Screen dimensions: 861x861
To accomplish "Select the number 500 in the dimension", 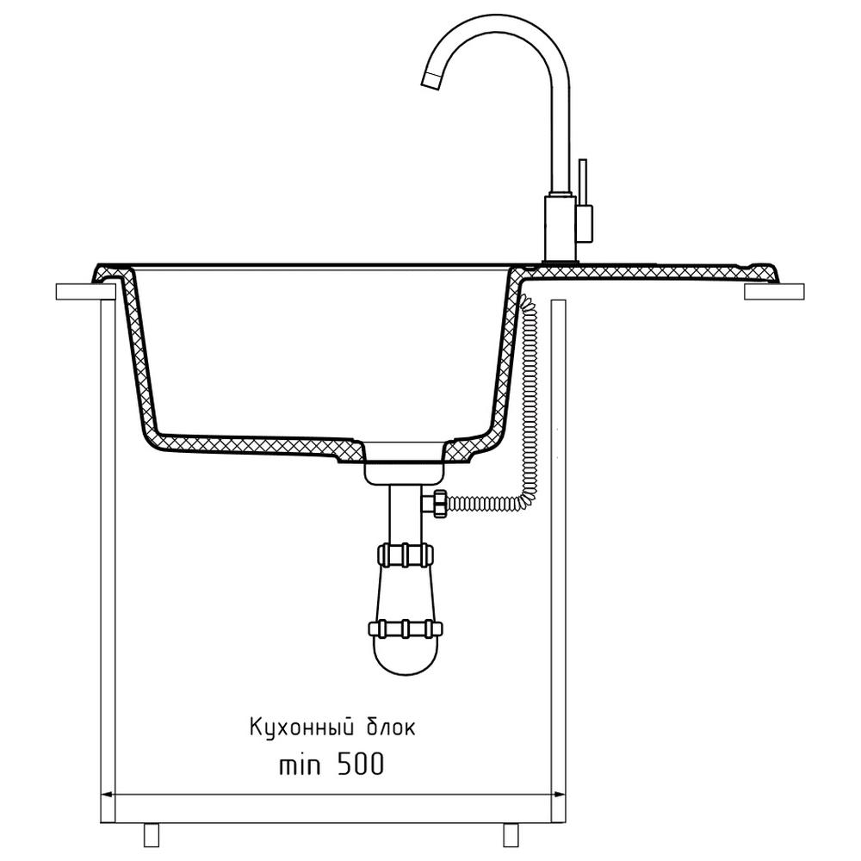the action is [x=360, y=764].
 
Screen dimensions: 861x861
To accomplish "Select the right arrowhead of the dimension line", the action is [x=559, y=794].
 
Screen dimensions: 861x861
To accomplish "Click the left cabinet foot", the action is [x=151, y=835].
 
